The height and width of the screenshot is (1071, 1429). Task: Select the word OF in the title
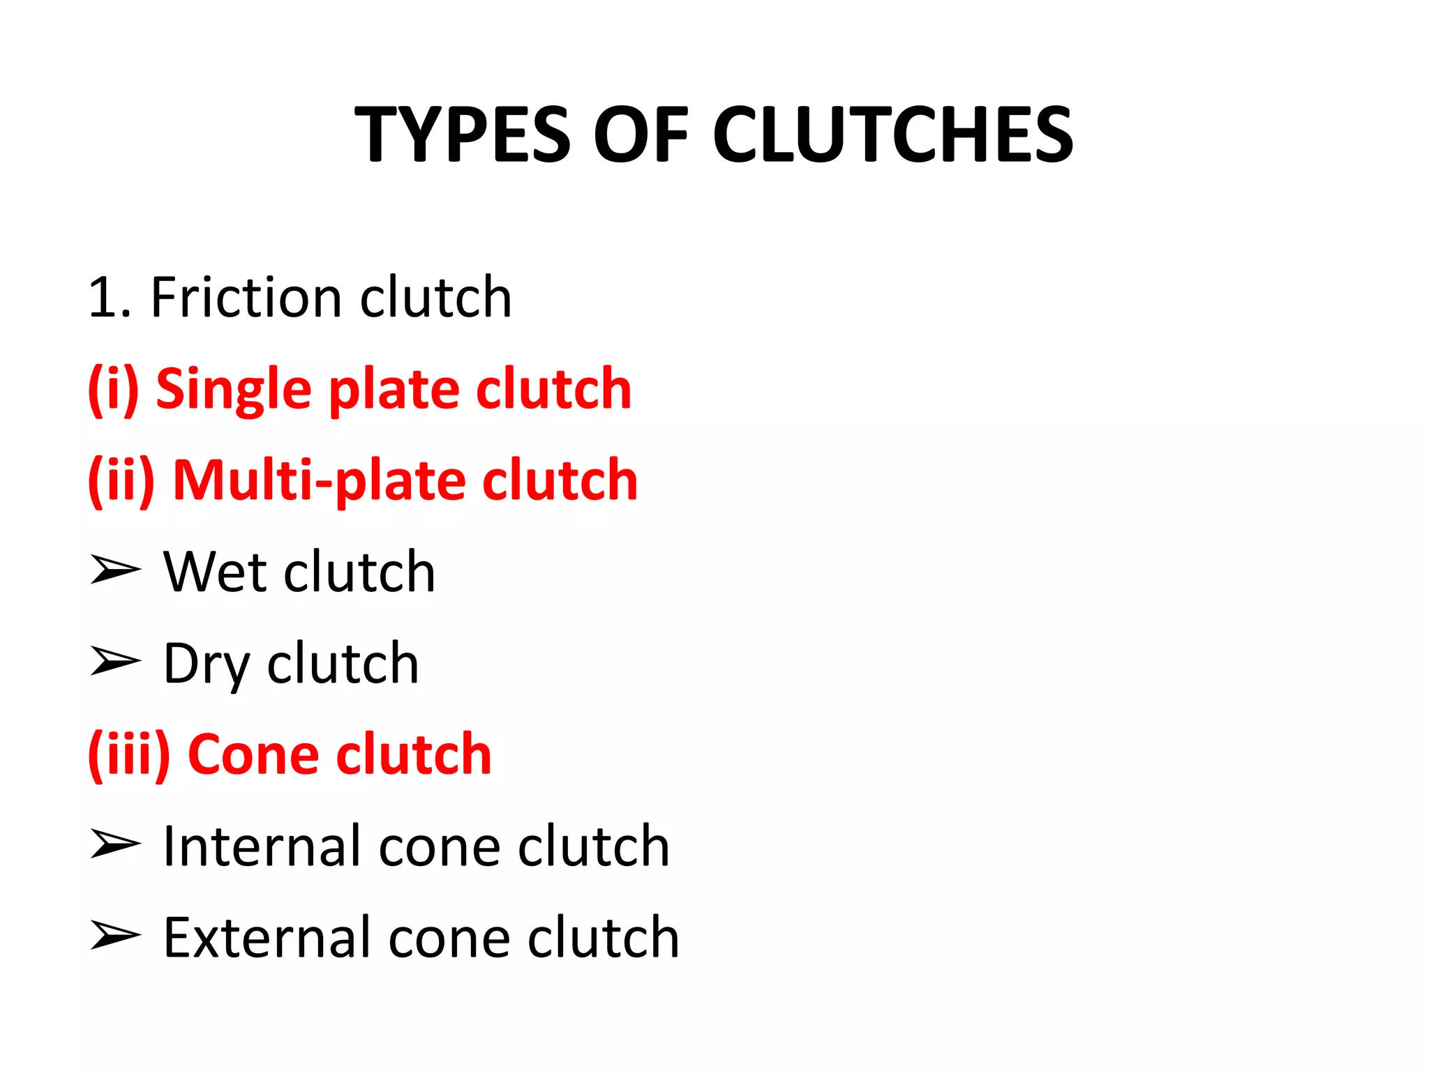[x=641, y=135]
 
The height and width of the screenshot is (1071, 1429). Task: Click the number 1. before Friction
[x=110, y=298]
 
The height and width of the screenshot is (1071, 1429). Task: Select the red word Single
[x=233, y=390]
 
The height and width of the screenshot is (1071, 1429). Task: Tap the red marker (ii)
[x=121, y=480]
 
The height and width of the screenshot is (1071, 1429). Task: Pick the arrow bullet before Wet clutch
[x=115, y=570]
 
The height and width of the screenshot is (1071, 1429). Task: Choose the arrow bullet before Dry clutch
[x=115, y=660]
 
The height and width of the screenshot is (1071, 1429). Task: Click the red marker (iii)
[x=129, y=754]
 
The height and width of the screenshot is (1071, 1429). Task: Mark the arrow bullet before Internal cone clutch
[x=115, y=844]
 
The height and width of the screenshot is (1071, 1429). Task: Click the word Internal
[x=262, y=846]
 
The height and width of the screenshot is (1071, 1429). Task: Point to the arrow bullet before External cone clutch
[x=115, y=935]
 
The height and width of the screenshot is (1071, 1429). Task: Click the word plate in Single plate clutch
[x=394, y=390]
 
